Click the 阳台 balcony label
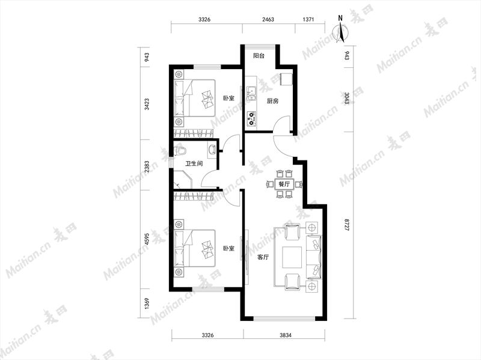259,56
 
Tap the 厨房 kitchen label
272,101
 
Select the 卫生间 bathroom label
194,163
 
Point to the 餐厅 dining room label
284,185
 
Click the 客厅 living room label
263,257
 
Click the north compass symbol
340,31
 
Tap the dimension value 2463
268,19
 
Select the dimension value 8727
347,225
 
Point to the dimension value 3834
285,335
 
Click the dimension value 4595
147,239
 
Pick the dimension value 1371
308,19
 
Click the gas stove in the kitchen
252,119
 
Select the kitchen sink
251,94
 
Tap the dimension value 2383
147,166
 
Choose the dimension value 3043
347,99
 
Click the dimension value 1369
147,304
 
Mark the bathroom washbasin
212,150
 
